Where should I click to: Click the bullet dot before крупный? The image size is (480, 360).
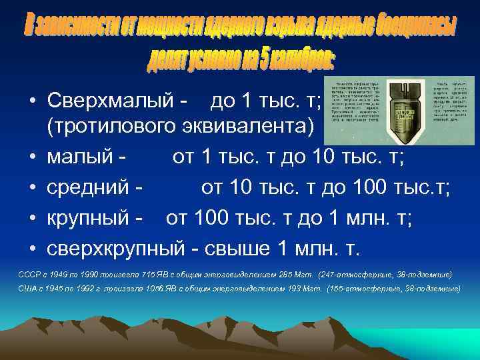pyautogui.click(x=31, y=219)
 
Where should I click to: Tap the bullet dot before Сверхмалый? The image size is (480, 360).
pyautogui.click(x=31, y=102)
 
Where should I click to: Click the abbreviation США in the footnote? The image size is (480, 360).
pyautogui.click(x=30, y=289)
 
